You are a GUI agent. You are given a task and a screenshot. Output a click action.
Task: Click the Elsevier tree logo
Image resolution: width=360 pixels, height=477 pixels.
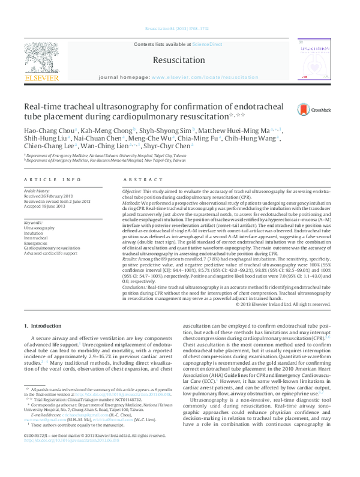pyautogui.click(x=41, y=58)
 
